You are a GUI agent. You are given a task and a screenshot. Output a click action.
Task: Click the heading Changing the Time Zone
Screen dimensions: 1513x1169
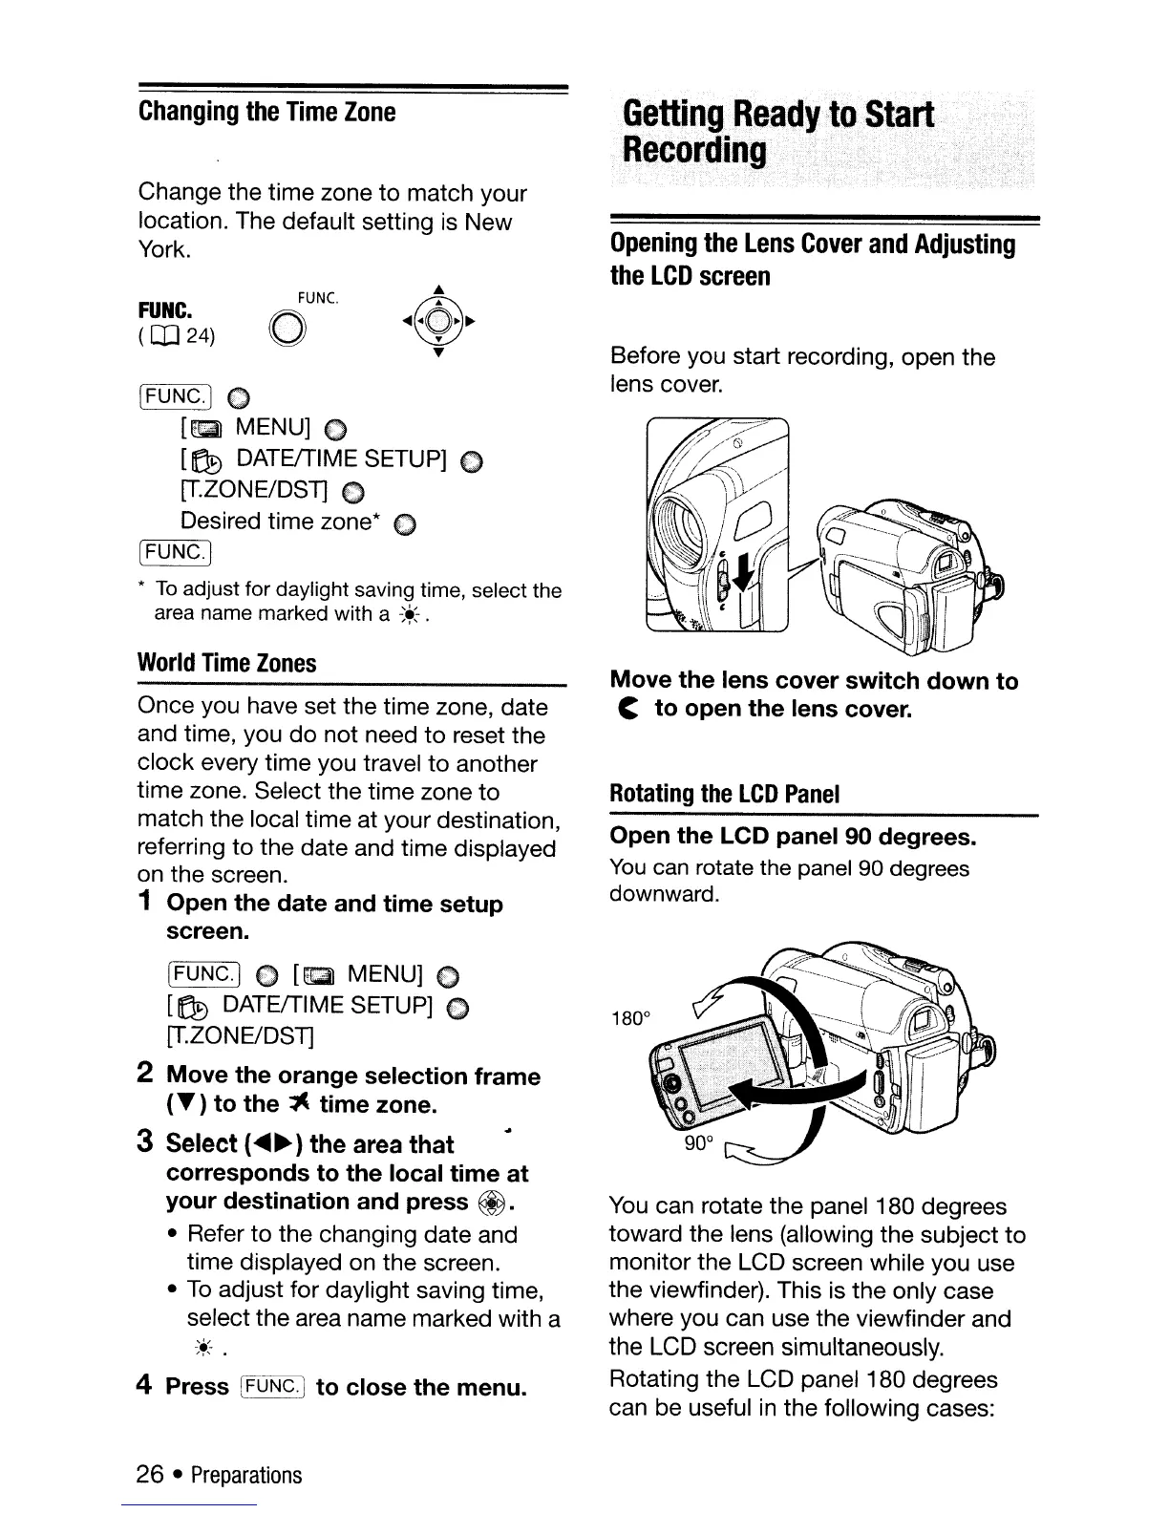pos(266,113)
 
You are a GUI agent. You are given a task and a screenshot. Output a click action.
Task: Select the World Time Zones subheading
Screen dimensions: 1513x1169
pos(226,663)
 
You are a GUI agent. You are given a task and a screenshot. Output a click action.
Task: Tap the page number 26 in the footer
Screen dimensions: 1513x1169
pos(151,1475)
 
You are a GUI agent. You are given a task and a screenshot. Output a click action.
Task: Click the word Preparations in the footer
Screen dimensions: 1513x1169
pos(246,1476)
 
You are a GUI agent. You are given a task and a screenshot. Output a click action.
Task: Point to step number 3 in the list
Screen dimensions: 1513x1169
pos(146,1142)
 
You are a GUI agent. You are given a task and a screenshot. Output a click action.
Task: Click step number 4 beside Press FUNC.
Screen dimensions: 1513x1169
pos(146,1385)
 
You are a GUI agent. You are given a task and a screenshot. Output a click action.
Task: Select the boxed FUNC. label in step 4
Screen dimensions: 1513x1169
pos(273,1386)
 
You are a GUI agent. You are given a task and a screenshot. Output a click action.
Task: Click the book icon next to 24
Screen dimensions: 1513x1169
pos(166,335)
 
